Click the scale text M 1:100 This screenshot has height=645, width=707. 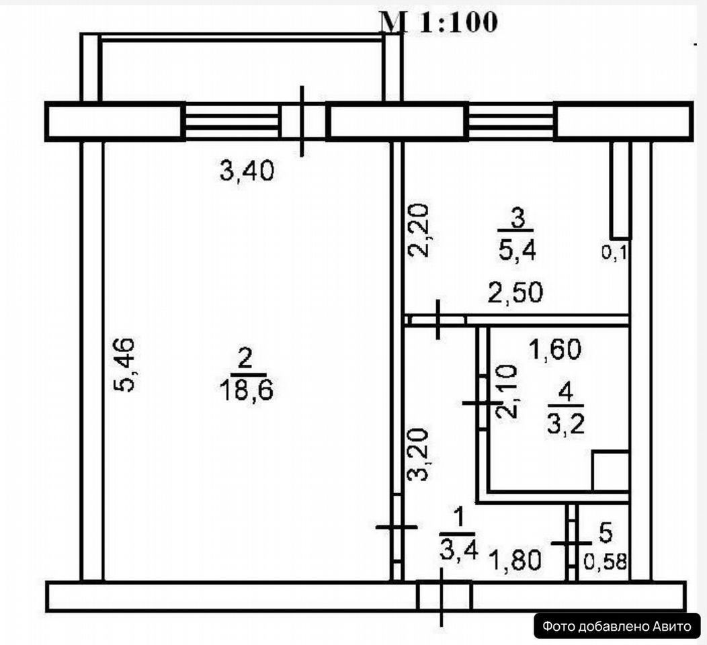tap(438, 22)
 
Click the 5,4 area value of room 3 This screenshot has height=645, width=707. tap(519, 252)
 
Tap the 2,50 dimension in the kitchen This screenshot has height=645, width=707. tap(515, 294)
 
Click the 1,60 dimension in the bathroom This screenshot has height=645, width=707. tap(554, 349)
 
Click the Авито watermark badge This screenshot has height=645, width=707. tap(616, 626)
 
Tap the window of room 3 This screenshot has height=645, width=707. tap(511, 121)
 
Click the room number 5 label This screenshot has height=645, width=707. tap(606, 534)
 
